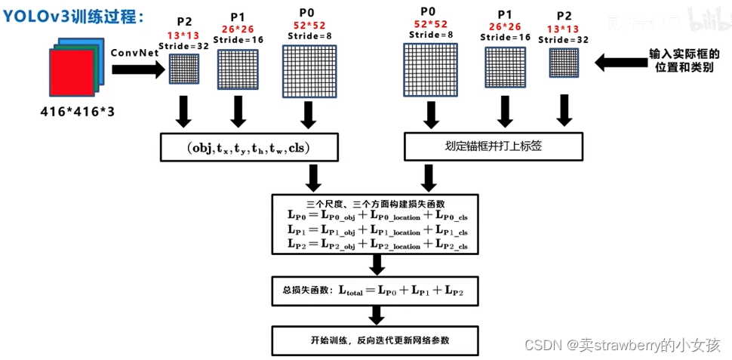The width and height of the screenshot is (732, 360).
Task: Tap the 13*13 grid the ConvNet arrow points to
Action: (x=183, y=69)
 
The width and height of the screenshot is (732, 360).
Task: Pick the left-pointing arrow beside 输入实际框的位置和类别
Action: (x=620, y=63)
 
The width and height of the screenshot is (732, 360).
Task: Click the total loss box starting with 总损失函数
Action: (x=375, y=291)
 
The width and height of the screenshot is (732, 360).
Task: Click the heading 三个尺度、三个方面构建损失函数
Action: (x=375, y=204)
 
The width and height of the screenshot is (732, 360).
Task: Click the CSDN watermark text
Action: (x=618, y=345)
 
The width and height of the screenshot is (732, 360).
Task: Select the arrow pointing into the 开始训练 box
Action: (x=374, y=315)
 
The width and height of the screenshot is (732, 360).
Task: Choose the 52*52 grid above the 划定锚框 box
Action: (x=431, y=70)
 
